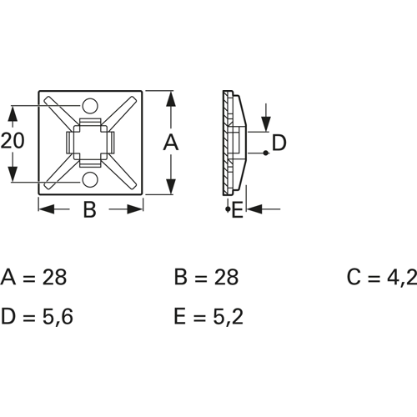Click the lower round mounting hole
(90, 179)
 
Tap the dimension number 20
(13, 140)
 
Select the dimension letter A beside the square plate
(171, 142)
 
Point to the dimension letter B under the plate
(90, 209)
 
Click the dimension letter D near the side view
(279, 143)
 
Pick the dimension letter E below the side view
(237, 209)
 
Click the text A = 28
(33, 277)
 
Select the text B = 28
(206, 277)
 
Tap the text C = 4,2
(382, 277)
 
